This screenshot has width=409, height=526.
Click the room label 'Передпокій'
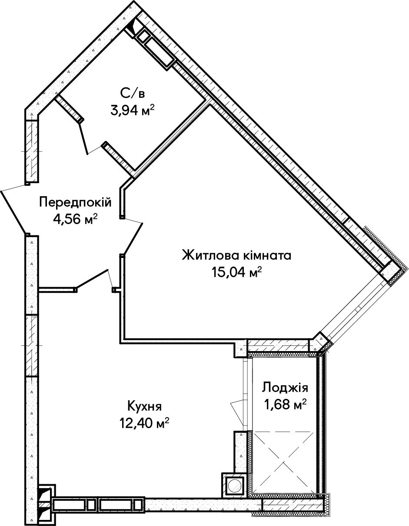(75, 202)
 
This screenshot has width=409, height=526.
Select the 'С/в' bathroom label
(132, 93)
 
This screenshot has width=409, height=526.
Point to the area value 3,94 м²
(133, 110)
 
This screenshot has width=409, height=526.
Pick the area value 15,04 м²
(237, 272)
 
